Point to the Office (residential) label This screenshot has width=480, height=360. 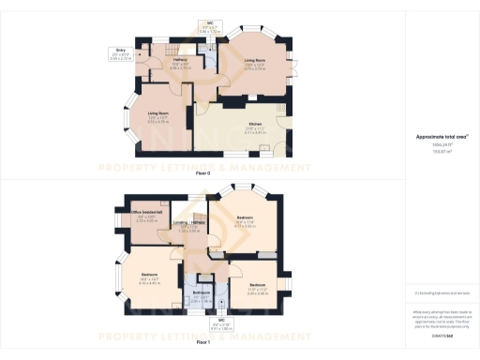point(143,215)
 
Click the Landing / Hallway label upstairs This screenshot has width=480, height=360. point(190,223)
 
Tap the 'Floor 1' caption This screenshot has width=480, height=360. point(202,343)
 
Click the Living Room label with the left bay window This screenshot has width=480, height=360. point(157,115)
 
